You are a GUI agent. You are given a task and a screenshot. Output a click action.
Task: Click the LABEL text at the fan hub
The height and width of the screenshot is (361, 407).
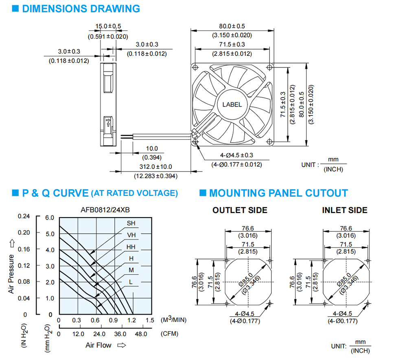click(x=232, y=104)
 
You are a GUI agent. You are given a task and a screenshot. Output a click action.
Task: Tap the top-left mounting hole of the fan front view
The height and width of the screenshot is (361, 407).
click(x=195, y=67)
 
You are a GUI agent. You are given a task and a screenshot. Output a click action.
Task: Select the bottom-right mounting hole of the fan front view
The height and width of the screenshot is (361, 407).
click(x=269, y=141)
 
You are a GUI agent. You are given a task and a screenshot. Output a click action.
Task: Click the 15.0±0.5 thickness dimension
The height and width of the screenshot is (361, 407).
click(x=108, y=26)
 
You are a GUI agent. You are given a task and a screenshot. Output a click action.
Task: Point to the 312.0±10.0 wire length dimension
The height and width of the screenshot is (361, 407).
click(x=156, y=167)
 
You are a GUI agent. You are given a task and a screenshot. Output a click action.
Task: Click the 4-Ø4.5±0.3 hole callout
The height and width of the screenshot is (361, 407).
click(x=237, y=155)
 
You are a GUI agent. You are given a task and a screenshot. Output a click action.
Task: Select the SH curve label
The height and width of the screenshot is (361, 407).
click(x=131, y=223)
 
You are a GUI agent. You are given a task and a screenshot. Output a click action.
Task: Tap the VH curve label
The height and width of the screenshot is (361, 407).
click(x=131, y=235)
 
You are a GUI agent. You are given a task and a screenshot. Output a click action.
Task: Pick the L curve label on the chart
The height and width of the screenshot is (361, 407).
click(x=131, y=282)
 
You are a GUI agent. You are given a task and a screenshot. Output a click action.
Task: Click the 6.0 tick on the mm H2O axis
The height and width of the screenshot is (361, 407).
click(x=50, y=217)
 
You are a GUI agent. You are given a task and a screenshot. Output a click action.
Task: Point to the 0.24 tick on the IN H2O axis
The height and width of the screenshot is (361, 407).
click(x=24, y=216)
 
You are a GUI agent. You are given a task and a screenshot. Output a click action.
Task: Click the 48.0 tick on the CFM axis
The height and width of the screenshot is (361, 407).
click(x=141, y=334)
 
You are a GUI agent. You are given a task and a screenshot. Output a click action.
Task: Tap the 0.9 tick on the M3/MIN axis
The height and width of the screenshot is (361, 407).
click(x=113, y=320)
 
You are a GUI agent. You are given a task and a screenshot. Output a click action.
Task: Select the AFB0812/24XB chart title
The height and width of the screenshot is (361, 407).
click(x=105, y=210)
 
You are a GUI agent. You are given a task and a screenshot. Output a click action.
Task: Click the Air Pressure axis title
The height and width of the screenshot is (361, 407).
click(x=11, y=274)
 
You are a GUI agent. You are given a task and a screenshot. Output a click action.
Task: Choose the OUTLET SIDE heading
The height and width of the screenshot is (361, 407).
click(x=240, y=210)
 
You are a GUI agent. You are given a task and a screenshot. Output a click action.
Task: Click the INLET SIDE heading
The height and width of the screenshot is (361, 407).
click(x=345, y=210)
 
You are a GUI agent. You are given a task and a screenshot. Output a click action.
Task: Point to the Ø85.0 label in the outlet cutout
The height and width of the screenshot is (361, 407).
click(x=246, y=280)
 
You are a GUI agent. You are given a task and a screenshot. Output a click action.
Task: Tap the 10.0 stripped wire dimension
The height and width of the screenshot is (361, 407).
click(x=152, y=149)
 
